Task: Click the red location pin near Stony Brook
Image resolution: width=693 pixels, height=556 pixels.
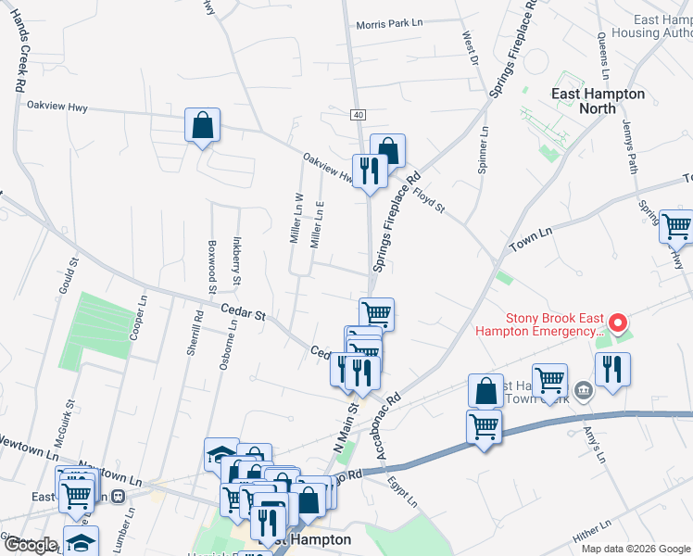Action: pyautogui.click(x=618, y=323)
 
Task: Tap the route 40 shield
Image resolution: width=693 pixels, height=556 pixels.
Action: pyautogui.click(x=358, y=114)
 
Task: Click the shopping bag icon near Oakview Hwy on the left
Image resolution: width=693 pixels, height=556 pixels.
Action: pyautogui.click(x=202, y=126)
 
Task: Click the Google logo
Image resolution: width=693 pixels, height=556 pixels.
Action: pyautogui.click(x=31, y=545)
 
